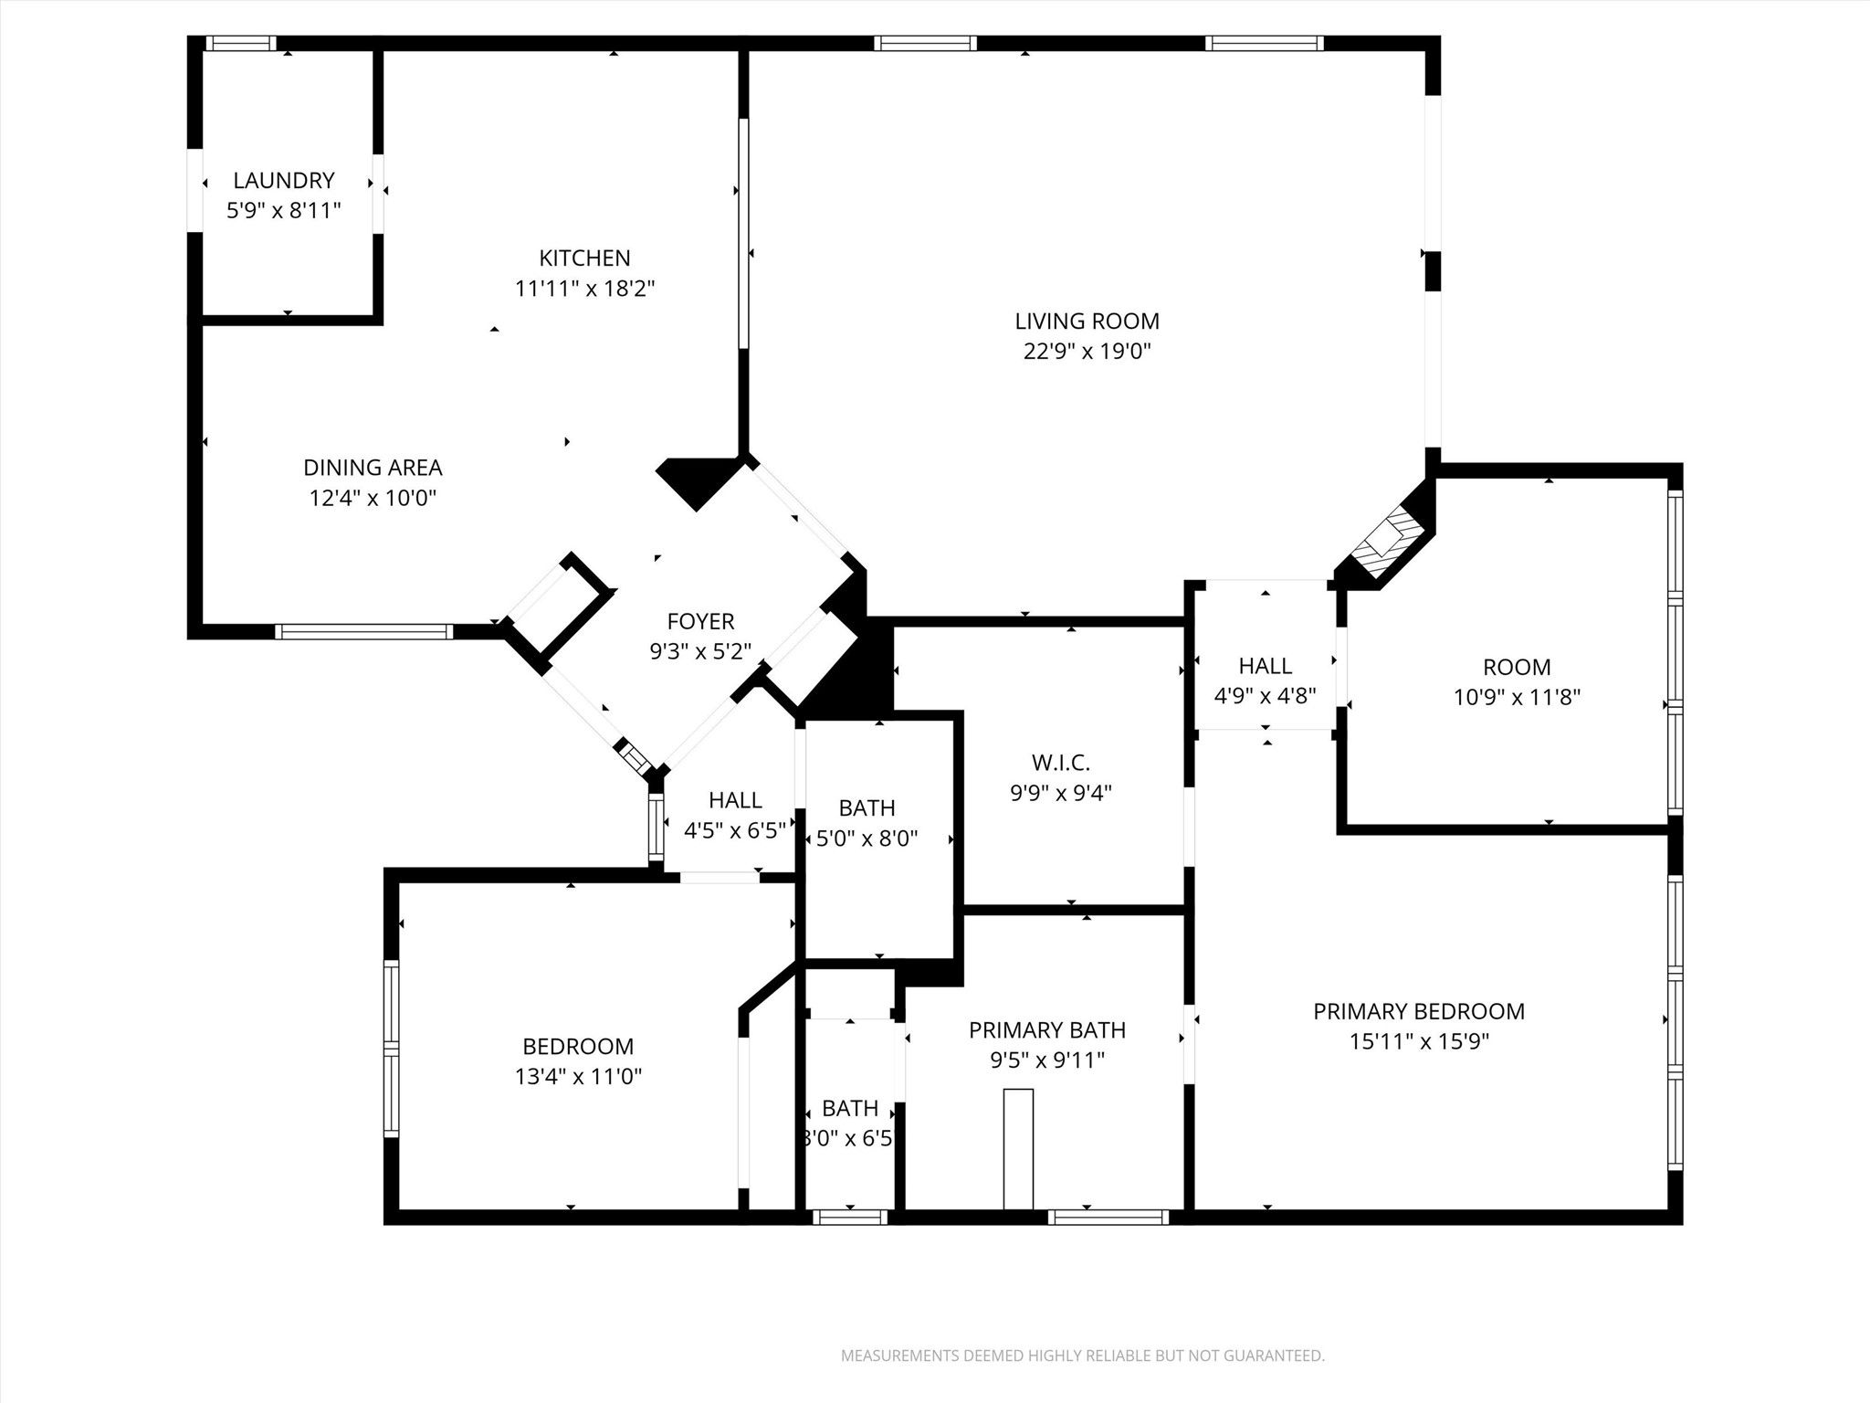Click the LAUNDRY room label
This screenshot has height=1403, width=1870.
coord(284,180)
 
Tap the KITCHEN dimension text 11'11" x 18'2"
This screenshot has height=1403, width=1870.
coord(585,289)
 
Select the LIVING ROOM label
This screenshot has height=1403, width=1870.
coord(1087,321)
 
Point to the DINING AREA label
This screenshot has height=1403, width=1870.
coord(373,467)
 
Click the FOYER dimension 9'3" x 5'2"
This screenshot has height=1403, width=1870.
coord(700,651)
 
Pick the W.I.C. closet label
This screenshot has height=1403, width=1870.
coord(1061,762)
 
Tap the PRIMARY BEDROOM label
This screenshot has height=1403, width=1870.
coord(1419,1011)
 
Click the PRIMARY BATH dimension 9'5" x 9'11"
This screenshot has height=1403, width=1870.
coord(1047,1060)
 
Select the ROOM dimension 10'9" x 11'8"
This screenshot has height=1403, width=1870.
coord(1517,697)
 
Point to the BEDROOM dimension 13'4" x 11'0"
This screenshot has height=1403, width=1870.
coord(578,1076)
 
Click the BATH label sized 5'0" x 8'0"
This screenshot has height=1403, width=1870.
coord(867,807)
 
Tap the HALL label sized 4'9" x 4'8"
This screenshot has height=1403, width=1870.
coord(1265,665)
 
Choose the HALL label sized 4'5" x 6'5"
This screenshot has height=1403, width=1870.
coord(735,799)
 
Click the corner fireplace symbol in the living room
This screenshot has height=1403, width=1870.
coord(1385,541)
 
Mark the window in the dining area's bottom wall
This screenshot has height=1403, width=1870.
coord(363,630)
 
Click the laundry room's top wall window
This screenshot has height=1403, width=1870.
coord(240,42)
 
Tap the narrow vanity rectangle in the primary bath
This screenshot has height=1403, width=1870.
coord(1018,1148)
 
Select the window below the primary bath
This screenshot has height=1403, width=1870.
coord(1108,1216)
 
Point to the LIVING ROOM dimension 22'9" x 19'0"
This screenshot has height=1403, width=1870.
coord(1087,352)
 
